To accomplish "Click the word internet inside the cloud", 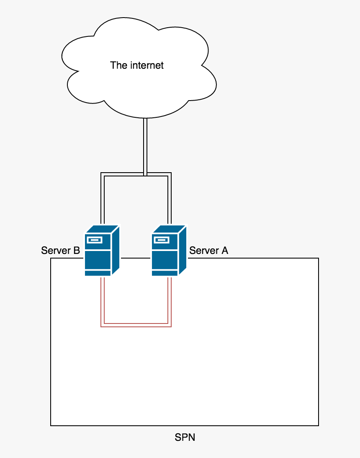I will (147, 65).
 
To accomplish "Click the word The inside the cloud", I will (118, 65).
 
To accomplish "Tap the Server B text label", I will (60, 251).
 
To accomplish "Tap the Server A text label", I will (208, 251).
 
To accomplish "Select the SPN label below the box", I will (185, 438).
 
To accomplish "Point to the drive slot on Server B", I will (94, 240).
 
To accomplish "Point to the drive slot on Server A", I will (161, 240).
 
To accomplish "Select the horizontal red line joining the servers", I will (136, 325).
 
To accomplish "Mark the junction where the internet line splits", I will (145, 174).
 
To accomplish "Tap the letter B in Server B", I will (77, 251).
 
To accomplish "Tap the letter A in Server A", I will (225, 251).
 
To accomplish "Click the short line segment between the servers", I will (136, 258).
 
